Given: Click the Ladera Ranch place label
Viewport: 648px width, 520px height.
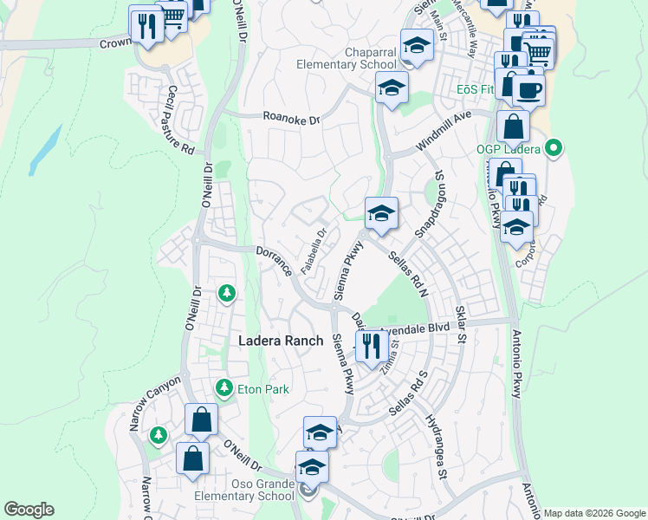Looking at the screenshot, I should coord(280,341).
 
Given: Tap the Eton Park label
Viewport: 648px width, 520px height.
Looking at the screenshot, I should coord(263,389).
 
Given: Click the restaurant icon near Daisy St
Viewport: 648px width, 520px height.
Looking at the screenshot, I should coord(372,347).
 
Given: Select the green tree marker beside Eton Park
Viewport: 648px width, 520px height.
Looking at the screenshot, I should coord(224,386).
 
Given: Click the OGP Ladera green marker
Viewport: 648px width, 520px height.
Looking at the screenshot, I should coord(554,148).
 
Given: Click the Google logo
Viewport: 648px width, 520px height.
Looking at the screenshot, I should coord(29,510).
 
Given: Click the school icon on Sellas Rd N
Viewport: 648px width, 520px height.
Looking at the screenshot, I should coord(380,213).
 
